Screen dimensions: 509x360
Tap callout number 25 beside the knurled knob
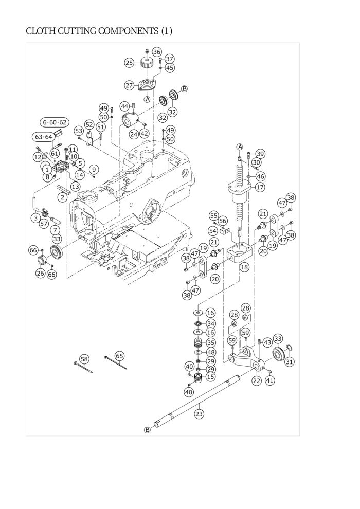(130, 63)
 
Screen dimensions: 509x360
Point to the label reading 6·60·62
(55, 122)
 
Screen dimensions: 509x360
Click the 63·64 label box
(43, 137)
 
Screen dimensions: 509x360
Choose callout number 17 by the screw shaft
(260, 187)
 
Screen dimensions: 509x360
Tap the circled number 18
(244, 267)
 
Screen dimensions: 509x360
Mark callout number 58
(84, 359)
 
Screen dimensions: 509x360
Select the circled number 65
(119, 356)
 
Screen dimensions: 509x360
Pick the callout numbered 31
(290, 362)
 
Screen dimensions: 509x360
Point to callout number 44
(124, 106)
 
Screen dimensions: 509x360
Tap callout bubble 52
(89, 125)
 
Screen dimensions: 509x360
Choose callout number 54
(213, 230)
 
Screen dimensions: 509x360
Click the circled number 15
(210, 377)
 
